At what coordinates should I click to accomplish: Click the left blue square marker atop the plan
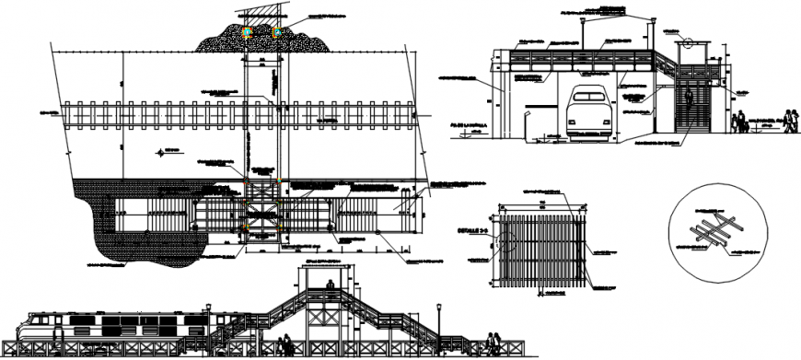tap(247, 32)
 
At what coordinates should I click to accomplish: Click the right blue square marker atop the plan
tap(276, 32)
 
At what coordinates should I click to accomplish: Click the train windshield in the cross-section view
tap(586, 94)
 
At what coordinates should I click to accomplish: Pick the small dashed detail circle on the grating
tap(505, 242)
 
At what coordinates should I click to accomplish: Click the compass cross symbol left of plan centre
tap(163, 151)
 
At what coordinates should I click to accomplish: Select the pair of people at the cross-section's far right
tap(740, 121)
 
